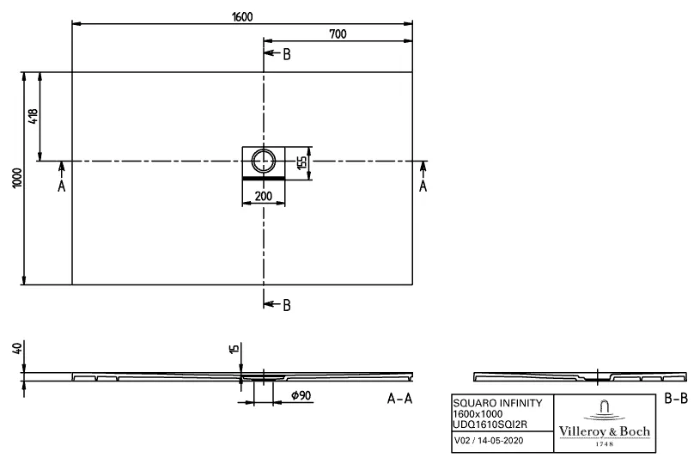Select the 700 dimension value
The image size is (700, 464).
[x=338, y=34]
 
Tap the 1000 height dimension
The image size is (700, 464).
[x=17, y=179]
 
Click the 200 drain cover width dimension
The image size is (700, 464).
[x=264, y=197]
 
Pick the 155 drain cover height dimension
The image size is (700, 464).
[x=301, y=162]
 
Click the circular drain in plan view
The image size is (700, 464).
[x=264, y=160]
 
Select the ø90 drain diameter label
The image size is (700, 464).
[x=300, y=394]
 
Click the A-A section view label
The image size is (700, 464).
[x=401, y=399]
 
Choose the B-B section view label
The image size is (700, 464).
[x=676, y=399]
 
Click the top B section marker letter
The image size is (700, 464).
[x=287, y=55]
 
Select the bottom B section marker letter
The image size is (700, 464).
[x=287, y=304]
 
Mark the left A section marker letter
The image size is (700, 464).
[x=61, y=186]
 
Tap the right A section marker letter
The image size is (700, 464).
[x=423, y=186]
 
